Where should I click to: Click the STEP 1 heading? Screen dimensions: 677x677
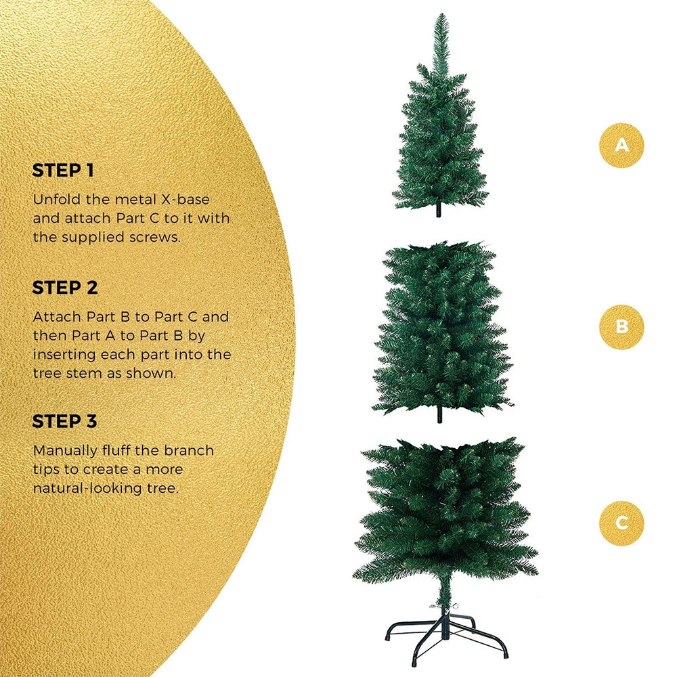(63, 171)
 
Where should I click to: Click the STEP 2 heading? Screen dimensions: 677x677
(65, 288)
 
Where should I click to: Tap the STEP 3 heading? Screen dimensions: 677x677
(65, 421)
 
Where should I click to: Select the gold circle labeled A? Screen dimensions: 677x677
(621, 145)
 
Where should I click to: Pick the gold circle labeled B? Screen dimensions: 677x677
(621, 326)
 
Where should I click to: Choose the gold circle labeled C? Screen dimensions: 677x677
(621, 523)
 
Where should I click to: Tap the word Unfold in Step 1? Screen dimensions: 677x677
(57, 200)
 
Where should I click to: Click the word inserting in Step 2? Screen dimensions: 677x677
(64, 355)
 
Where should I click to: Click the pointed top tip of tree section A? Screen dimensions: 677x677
(441, 15)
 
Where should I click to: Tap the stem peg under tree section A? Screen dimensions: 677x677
(439, 210)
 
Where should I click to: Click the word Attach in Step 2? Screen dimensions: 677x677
(58, 317)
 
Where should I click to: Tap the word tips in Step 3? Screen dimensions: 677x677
(45, 471)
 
